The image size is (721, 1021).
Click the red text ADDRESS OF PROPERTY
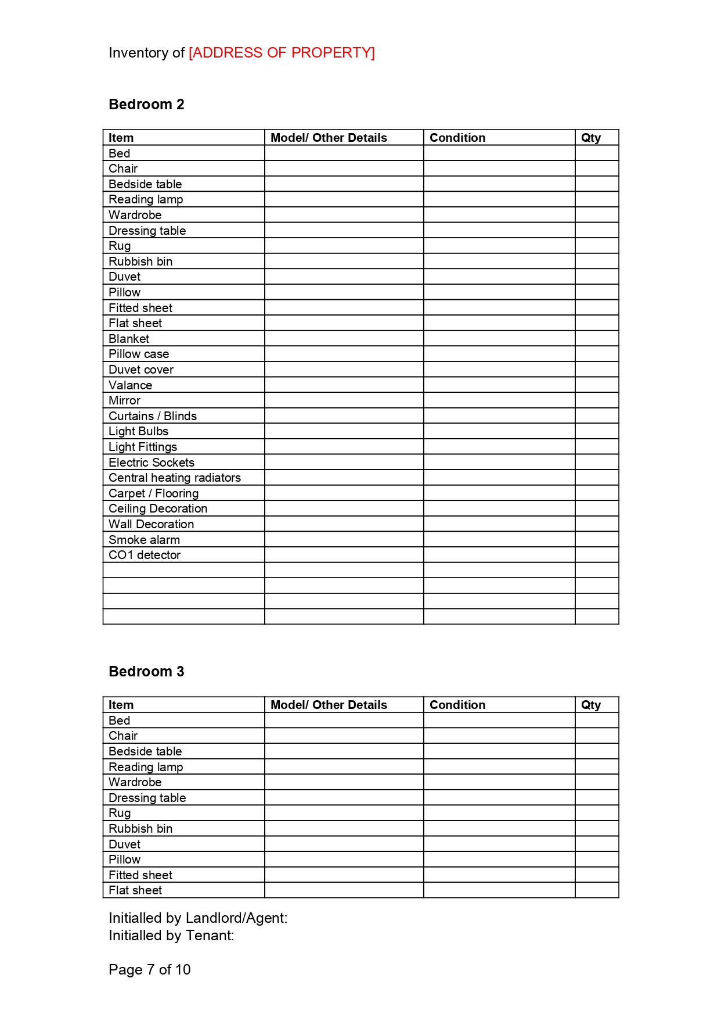coord(282,53)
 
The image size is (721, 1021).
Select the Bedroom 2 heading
coord(146,105)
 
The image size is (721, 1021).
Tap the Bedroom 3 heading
coord(146,672)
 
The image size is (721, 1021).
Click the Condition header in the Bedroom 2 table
coord(457,138)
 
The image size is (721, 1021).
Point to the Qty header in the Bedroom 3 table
coord(590,705)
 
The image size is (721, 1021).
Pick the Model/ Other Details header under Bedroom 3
coord(329,705)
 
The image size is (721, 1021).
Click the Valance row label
coord(130,385)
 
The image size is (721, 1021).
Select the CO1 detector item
coord(145,555)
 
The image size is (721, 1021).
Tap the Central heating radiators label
coord(175,478)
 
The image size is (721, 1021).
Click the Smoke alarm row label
coord(144,540)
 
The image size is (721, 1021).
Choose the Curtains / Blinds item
coord(153,416)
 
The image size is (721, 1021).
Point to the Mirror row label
coord(124,400)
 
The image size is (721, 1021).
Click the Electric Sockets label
coord(152,463)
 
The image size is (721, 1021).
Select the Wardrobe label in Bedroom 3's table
coord(135,782)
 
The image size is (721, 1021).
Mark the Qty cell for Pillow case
coord(596,354)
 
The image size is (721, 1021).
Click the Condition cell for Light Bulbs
coord(499,431)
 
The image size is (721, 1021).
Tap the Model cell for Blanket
coord(344,339)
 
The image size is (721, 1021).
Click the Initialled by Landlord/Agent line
coord(198,918)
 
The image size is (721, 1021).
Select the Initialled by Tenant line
coord(171,936)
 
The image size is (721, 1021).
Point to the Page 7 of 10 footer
coord(150,970)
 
